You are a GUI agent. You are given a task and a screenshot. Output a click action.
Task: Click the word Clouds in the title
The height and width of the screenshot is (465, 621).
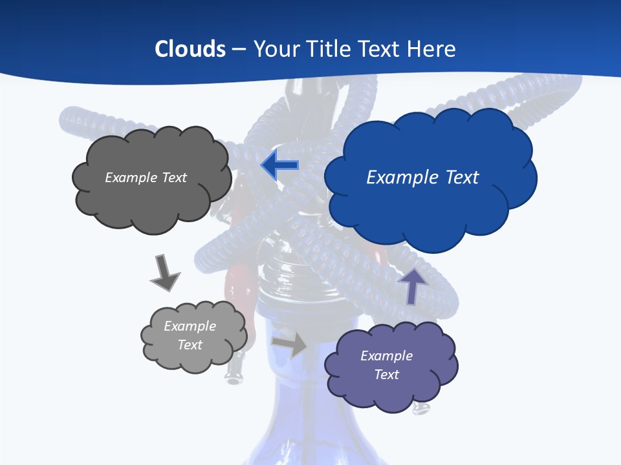pyautogui.click(x=190, y=49)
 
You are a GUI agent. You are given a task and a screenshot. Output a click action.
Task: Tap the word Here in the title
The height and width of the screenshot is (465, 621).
pyautogui.click(x=433, y=49)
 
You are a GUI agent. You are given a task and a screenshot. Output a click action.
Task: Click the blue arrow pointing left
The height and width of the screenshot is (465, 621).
pyautogui.click(x=279, y=165)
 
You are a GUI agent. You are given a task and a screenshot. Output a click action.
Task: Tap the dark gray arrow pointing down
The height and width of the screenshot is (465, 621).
pyautogui.click(x=164, y=273)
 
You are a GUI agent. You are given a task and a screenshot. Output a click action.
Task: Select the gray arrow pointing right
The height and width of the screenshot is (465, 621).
pyautogui.click(x=289, y=345)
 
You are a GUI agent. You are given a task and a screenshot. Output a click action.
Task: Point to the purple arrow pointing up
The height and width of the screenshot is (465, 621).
pyautogui.click(x=413, y=285)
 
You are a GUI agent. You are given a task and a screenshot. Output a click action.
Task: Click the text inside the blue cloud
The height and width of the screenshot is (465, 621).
pyautogui.click(x=422, y=178)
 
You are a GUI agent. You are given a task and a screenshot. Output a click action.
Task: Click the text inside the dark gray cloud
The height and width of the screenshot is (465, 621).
pyautogui.click(x=146, y=178)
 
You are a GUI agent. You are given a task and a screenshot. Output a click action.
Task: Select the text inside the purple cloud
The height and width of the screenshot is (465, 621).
pyautogui.click(x=386, y=365)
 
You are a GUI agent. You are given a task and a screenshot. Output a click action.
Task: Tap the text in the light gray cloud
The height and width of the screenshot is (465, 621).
pyautogui.click(x=190, y=335)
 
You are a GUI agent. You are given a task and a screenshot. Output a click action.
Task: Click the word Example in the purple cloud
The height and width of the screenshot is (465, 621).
pyautogui.click(x=386, y=356)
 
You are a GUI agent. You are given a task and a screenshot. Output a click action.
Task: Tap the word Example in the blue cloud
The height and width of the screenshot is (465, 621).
pyautogui.click(x=400, y=178)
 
